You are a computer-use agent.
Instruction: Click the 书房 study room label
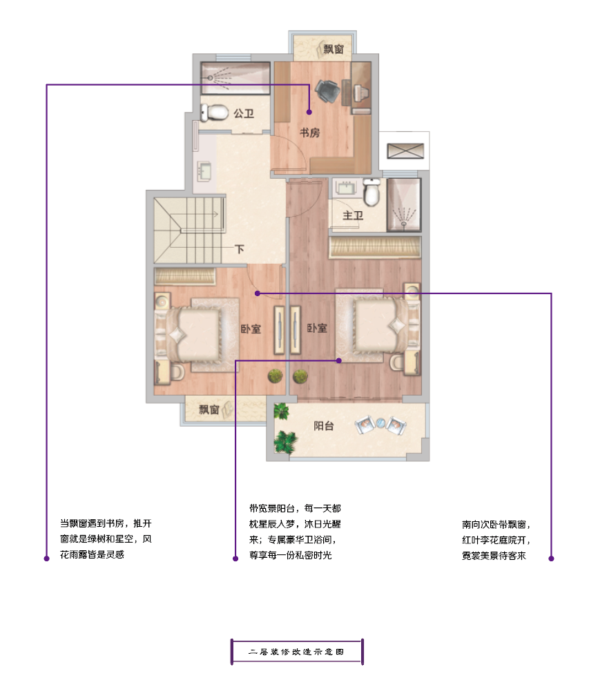tap(309, 132)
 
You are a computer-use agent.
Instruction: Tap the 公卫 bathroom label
tap(244, 114)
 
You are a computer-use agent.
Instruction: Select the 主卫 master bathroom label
tap(353, 216)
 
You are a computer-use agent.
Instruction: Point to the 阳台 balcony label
tap(324, 426)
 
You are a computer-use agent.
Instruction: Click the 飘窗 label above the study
tap(334, 49)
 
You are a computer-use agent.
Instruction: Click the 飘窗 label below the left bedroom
tap(209, 409)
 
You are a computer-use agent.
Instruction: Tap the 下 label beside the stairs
tap(240, 249)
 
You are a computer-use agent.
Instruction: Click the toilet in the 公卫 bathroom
tap(213, 112)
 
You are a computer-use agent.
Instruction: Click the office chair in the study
tap(328, 90)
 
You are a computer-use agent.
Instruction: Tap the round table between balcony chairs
tap(380, 423)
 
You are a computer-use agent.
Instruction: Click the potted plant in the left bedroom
tap(275, 376)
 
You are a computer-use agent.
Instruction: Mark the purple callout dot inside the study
tap(309, 112)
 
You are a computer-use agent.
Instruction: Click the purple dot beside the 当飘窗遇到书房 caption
tap(47, 559)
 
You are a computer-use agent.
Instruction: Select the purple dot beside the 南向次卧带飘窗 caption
tap(551, 559)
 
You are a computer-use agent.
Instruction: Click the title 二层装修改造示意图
tap(296, 652)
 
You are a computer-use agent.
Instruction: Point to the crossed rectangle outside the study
tap(405, 151)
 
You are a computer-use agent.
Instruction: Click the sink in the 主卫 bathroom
tap(345, 187)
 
